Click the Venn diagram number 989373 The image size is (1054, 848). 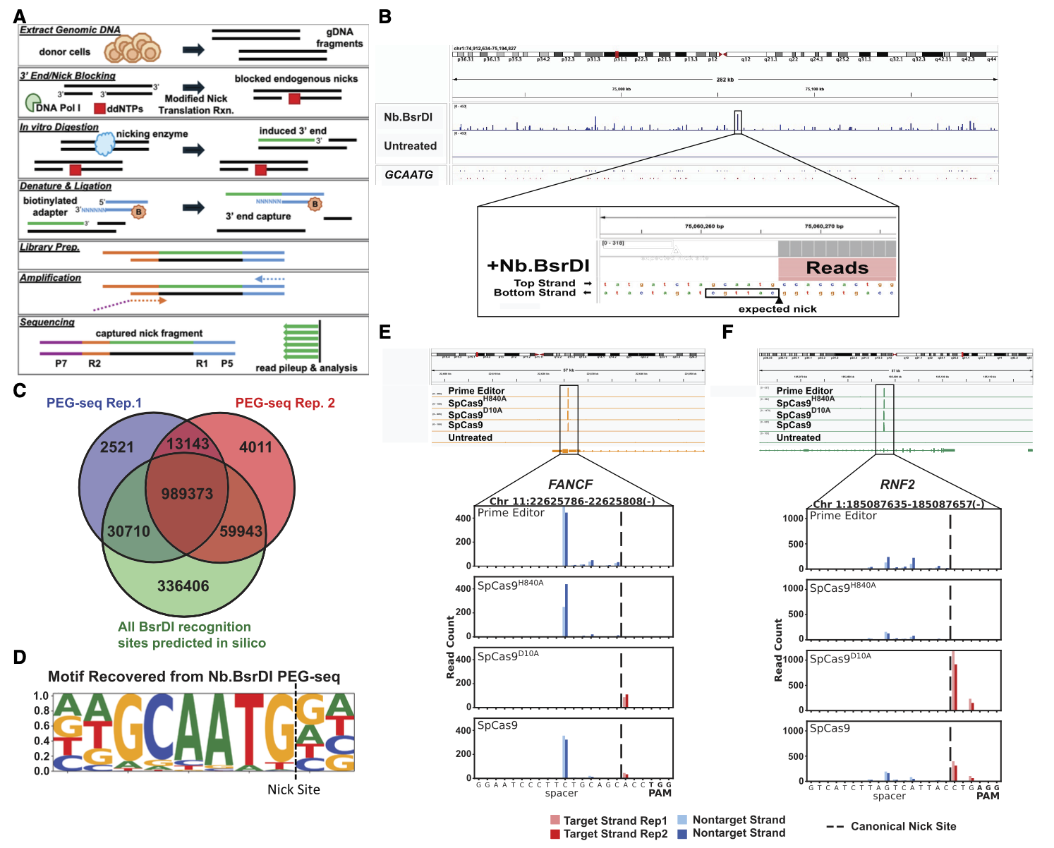click(x=187, y=494)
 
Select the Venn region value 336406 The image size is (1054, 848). click(x=183, y=586)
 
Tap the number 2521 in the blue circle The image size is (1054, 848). click(x=117, y=447)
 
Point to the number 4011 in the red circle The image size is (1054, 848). click(x=255, y=447)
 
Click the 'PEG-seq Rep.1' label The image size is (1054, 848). click(x=94, y=403)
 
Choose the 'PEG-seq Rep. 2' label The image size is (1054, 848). click(x=285, y=403)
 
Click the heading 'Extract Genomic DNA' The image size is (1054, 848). click(x=70, y=30)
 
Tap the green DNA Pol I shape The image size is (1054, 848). click(x=32, y=103)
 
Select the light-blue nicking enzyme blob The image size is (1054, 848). click(x=104, y=143)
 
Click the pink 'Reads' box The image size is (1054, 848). click(x=837, y=268)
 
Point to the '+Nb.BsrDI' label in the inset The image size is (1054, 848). click(x=538, y=265)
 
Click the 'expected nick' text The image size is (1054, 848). click(x=777, y=309)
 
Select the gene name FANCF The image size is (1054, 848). click(x=570, y=485)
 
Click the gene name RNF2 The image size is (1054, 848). click(x=897, y=485)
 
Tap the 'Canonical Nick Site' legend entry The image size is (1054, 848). click(x=903, y=826)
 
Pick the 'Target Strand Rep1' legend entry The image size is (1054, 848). click(x=614, y=820)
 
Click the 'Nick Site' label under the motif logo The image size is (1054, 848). click(x=293, y=789)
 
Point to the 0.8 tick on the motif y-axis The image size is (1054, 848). click(x=42, y=710)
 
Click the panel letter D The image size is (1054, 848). click(x=20, y=658)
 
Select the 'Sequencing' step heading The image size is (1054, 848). click(x=47, y=322)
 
